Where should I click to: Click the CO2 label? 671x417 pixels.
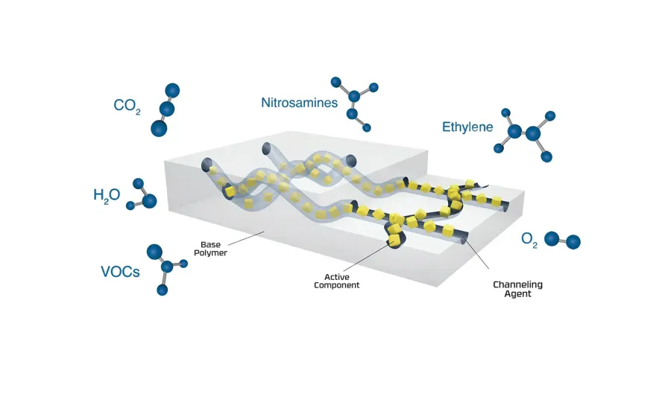click(x=127, y=106)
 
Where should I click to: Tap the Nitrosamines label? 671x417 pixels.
click(x=299, y=103)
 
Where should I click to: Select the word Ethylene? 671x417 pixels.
click(x=467, y=127)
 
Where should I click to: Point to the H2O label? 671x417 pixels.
click(x=107, y=196)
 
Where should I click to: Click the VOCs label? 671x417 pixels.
click(x=120, y=272)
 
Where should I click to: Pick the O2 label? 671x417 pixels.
click(x=529, y=240)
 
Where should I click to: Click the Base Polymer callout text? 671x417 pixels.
click(x=210, y=249)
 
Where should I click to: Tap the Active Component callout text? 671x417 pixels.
click(x=337, y=281)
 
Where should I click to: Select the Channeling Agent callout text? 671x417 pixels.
click(x=518, y=289)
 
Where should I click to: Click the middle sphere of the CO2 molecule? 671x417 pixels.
click(x=167, y=109)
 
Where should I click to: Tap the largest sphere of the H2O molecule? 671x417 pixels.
click(x=149, y=201)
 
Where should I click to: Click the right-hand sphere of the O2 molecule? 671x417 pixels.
click(x=573, y=242)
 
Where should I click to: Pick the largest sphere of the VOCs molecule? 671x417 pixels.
click(x=154, y=252)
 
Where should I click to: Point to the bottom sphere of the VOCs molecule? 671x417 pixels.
click(x=163, y=290)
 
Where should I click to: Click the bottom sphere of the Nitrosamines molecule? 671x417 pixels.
click(x=366, y=127)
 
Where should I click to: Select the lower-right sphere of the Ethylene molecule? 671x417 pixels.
click(x=546, y=157)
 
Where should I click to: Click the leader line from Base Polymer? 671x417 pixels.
click(x=246, y=238)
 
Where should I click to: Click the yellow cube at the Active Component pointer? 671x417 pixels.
click(x=394, y=239)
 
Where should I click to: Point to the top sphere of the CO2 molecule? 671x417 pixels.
click(x=172, y=91)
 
